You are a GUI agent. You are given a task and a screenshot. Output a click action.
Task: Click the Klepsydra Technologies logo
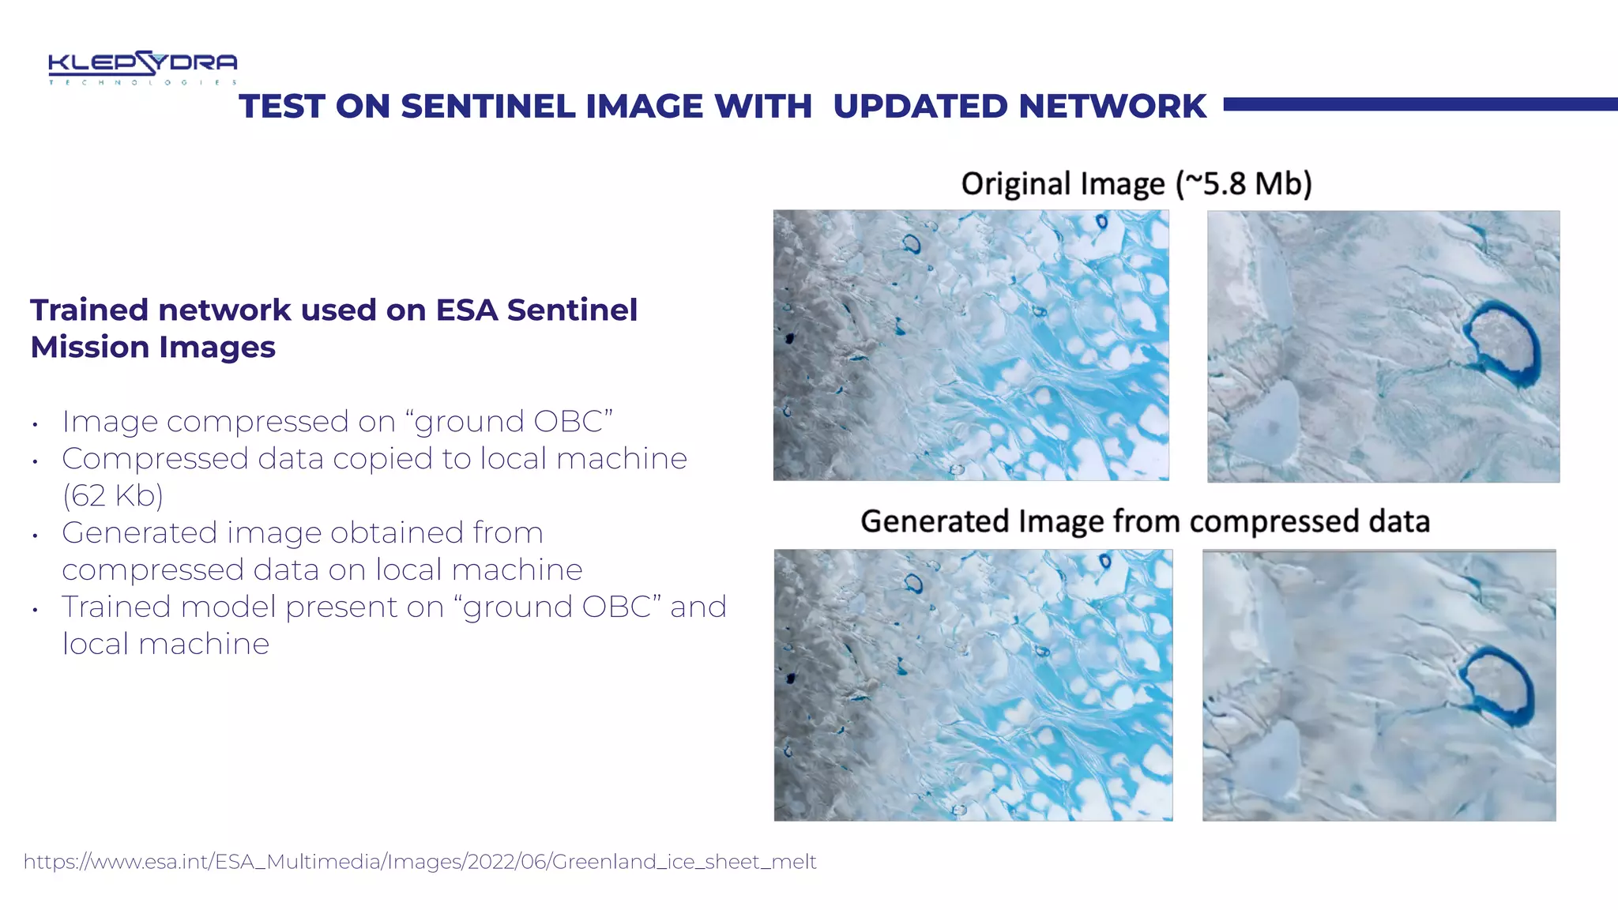pyautogui.click(x=142, y=67)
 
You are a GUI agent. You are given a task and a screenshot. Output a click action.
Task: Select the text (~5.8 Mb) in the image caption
pyautogui.click(x=1244, y=183)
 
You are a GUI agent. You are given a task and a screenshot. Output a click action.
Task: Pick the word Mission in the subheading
pyautogui.click(x=90, y=348)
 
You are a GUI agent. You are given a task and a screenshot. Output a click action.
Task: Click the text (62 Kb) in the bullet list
pyautogui.click(x=113, y=496)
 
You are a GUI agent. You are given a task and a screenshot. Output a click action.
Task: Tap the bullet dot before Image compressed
pyautogui.click(x=36, y=425)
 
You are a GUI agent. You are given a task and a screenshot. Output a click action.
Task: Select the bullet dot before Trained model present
pyautogui.click(x=36, y=610)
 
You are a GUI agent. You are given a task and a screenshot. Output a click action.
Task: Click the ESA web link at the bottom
pyautogui.click(x=420, y=861)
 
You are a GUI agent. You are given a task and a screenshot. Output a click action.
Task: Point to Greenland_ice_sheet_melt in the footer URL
pyautogui.click(x=683, y=861)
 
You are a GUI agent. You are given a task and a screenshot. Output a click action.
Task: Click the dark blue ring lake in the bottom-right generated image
pyautogui.click(x=1497, y=685)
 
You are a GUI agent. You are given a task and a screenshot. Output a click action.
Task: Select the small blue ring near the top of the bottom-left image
pyautogui.click(x=913, y=584)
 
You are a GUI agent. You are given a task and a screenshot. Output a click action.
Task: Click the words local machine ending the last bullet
pyautogui.click(x=166, y=645)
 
